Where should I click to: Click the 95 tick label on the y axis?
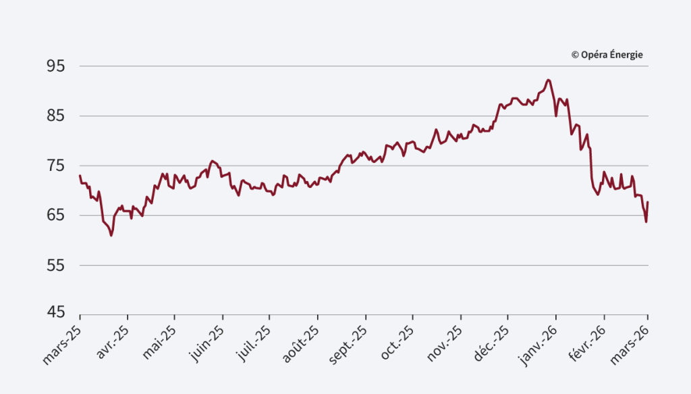(x=55, y=66)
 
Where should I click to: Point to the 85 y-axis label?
(x=55, y=116)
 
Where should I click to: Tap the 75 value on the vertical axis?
(x=55, y=166)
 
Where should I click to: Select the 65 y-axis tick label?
(x=55, y=216)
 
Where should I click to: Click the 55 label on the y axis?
(x=55, y=266)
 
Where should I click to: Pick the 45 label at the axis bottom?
(x=55, y=313)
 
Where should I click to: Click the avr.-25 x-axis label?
(x=113, y=341)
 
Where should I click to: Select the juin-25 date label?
(x=206, y=342)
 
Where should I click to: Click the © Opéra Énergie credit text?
(x=607, y=55)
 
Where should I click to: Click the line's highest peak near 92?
(x=548, y=80)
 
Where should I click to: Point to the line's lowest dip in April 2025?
(x=111, y=235)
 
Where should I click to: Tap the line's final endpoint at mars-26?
(x=648, y=202)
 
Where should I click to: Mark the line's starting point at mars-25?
(x=80, y=176)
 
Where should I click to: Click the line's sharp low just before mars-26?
(x=646, y=222)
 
